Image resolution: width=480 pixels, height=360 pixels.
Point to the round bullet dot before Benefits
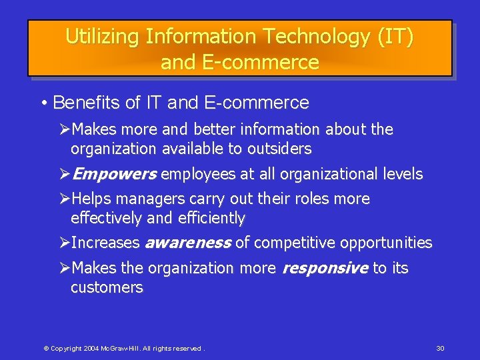(x=43, y=103)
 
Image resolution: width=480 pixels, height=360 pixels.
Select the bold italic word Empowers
(x=114, y=175)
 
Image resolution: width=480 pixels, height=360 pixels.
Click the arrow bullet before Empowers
(x=65, y=175)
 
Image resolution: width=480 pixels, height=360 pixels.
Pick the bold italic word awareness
(x=188, y=243)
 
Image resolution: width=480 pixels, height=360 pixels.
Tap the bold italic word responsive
(x=325, y=269)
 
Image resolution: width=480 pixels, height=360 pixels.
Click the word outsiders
(x=277, y=149)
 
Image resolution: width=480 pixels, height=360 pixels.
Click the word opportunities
(x=386, y=243)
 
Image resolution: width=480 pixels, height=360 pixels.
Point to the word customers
(x=107, y=288)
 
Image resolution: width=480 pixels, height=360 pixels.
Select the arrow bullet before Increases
(x=65, y=243)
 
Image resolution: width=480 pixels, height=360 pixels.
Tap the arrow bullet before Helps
(x=65, y=199)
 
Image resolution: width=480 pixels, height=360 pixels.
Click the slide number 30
(x=440, y=349)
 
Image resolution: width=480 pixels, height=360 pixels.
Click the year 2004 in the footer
(x=92, y=349)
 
